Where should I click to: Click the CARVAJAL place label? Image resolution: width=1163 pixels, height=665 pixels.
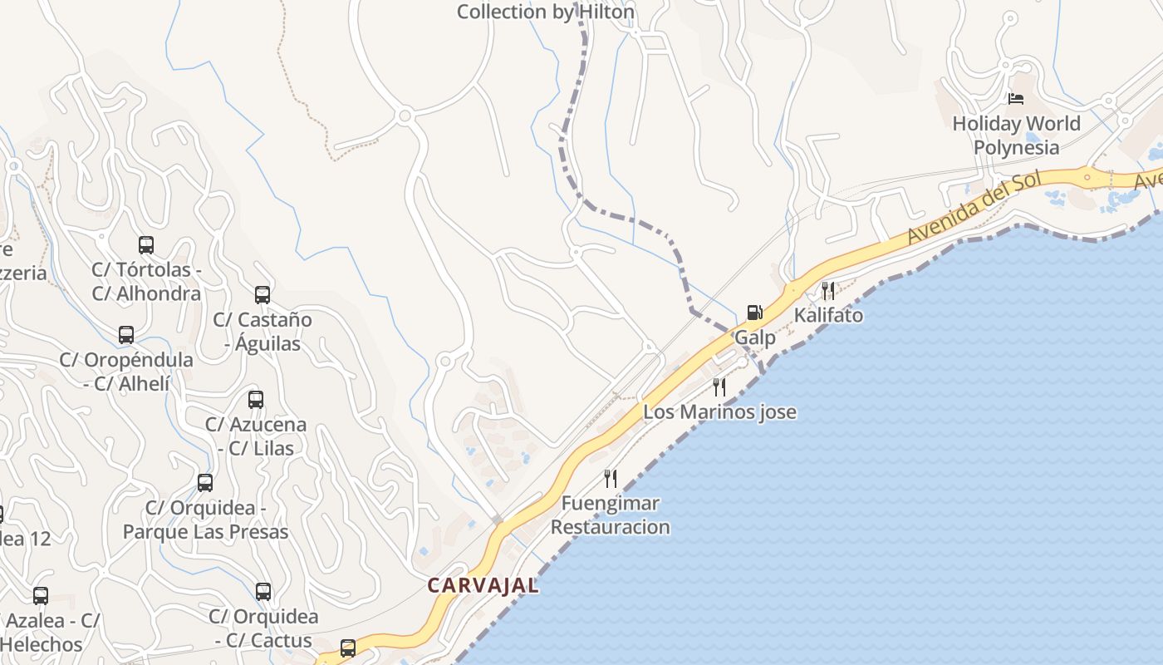click(483, 585)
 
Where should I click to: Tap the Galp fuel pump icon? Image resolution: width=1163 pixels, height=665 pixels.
click(754, 313)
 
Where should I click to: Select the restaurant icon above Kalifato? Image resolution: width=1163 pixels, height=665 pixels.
click(827, 290)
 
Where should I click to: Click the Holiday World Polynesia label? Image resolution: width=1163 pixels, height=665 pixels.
click(1016, 135)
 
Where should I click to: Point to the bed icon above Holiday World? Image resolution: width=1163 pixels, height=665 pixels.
click(1015, 98)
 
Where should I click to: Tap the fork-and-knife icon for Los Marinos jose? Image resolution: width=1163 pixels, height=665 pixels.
click(719, 387)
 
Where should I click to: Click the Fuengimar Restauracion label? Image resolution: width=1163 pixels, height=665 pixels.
click(610, 515)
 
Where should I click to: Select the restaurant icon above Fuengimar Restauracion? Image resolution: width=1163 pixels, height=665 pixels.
click(611, 478)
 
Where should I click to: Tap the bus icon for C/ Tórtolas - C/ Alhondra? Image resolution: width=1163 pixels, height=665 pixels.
click(146, 245)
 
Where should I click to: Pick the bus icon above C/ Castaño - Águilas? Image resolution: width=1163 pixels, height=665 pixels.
click(263, 294)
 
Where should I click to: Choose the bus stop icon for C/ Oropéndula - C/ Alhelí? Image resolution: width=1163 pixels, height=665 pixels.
click(126, 335)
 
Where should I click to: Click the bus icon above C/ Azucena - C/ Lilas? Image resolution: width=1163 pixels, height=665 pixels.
click(256, 400)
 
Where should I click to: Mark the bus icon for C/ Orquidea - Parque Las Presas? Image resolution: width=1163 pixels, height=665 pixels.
click(205, 483)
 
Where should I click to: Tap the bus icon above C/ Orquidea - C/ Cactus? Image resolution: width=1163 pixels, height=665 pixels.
click(263, 592)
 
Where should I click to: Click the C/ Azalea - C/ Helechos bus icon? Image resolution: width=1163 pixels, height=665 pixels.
click(41, 596)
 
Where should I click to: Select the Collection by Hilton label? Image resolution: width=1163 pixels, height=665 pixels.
click(545, 12)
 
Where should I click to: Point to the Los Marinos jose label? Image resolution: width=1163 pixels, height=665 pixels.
click(719, 412)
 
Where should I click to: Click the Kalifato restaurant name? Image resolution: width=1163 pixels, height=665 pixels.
click(828, 316)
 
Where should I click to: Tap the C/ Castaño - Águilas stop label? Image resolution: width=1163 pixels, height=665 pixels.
click(263, 331)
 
